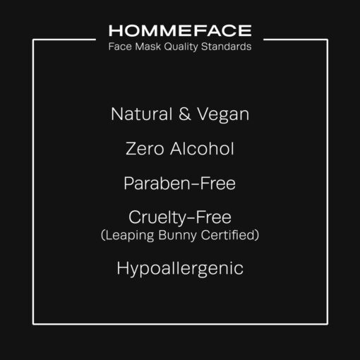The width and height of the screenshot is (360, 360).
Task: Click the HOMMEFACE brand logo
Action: (x=180, y=30)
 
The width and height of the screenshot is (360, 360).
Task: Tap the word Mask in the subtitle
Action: (x=148, y=47)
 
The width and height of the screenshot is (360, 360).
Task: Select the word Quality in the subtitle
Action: (x=181, y=47)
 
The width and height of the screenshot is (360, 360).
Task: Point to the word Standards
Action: (x=226, y=47)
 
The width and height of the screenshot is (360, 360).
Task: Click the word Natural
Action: (x=142, y=114)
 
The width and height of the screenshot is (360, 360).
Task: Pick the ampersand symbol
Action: (x=185, y=114)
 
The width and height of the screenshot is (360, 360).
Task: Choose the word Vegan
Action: (x=223, y=115)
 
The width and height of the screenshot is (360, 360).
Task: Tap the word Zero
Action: (x=145, y=149)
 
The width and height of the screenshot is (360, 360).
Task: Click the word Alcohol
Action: (x=202, y=148)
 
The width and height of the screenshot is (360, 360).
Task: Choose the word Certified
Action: (x=228, y=235)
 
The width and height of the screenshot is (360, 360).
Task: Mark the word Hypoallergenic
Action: (x=180, y=269)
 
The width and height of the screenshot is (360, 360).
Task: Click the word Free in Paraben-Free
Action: (x=217, y=184)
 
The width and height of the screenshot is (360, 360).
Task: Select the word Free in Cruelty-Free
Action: (x=213, y=217)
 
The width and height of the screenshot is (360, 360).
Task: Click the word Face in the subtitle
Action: (x=120, y=47)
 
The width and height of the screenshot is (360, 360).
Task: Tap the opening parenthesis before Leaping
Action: (x=103, y=235)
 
